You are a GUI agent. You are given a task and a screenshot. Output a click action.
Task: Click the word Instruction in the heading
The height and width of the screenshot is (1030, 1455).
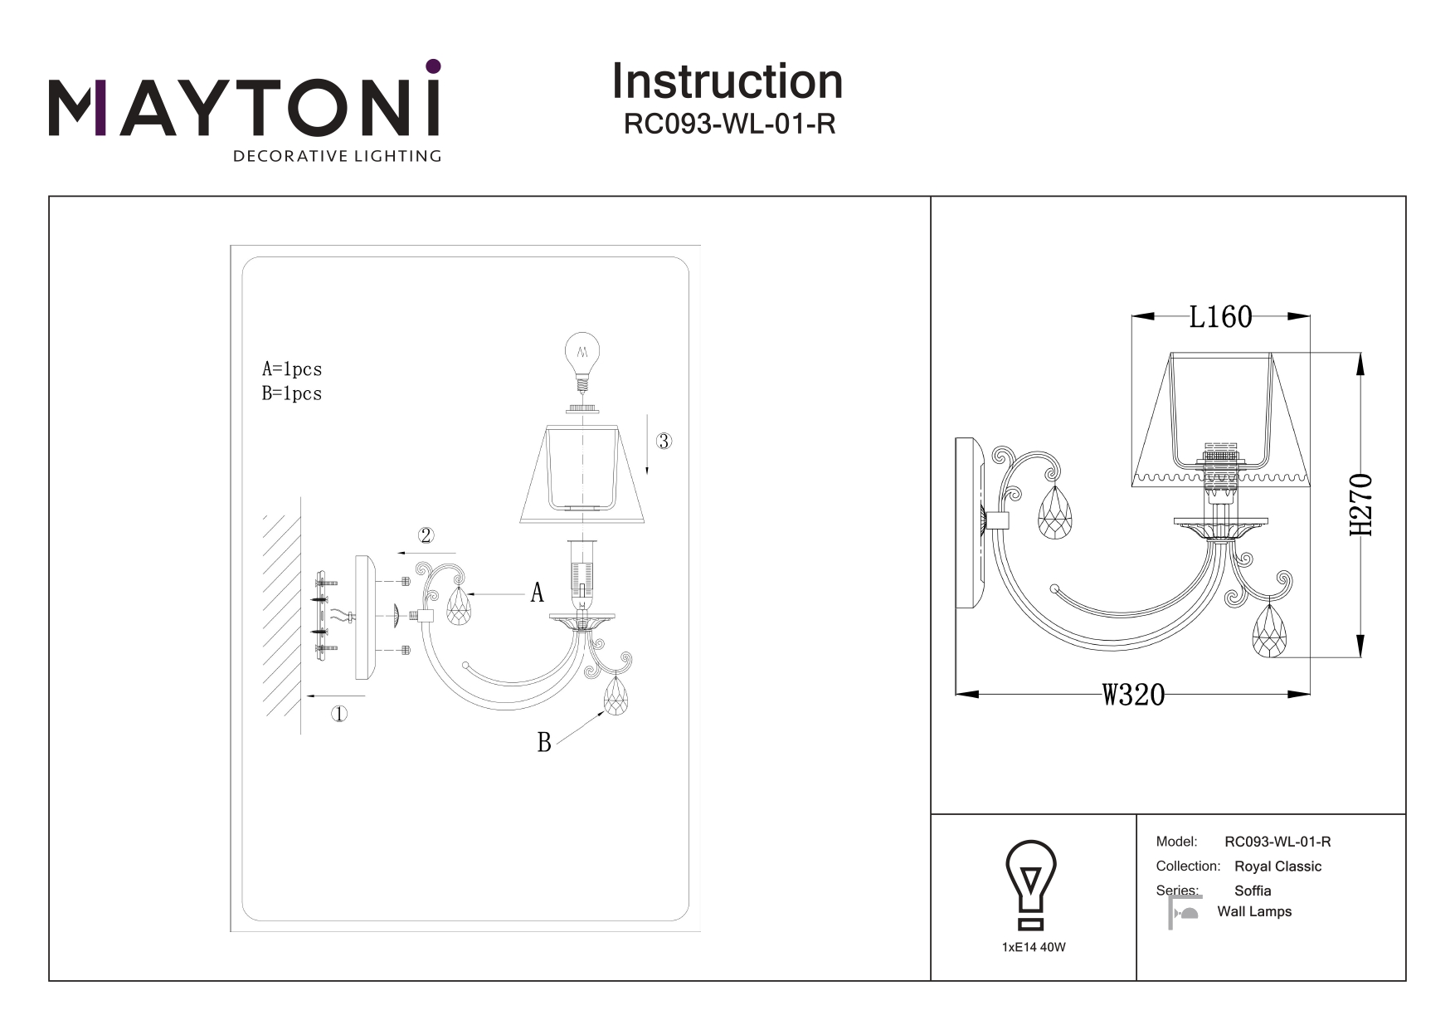pos(727,82)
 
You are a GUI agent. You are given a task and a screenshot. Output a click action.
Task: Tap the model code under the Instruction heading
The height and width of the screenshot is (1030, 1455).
pos(729,124)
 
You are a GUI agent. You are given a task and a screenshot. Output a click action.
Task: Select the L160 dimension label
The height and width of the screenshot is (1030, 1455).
pos(1220,316)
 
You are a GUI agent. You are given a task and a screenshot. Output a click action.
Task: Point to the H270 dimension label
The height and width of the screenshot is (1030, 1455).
pos(1360,505)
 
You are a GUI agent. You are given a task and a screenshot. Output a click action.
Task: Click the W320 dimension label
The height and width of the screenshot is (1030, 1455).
pos(1133,694)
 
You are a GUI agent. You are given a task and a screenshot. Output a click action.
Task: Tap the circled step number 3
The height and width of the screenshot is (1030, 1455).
pos(663,441)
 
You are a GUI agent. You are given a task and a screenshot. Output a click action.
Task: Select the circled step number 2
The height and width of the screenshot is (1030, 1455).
pos(426,535)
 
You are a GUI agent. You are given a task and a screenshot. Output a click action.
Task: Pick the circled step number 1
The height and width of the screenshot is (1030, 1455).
pos(338,714)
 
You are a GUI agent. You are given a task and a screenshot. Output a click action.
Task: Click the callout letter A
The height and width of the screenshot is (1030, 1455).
pos(538,593)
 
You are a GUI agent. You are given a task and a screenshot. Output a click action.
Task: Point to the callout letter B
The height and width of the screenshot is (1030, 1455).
pos(544,742)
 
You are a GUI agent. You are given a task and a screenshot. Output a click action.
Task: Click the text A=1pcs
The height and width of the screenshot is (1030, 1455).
pos(292,369)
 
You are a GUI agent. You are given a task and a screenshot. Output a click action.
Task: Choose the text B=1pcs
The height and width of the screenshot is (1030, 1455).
pos(292,393)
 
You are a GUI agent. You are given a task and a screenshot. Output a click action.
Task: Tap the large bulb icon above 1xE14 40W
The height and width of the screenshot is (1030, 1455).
pos(1030,884)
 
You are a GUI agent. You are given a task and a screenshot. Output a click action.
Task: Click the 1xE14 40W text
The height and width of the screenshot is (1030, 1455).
pos(1034,947)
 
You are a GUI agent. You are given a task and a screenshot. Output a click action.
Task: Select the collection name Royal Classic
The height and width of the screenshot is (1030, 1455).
pos(1277,866)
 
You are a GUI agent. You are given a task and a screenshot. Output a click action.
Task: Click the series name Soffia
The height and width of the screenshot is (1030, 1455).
pos(1253,891)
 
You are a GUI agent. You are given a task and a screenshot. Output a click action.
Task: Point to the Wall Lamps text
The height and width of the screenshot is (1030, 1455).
pos(1254,911)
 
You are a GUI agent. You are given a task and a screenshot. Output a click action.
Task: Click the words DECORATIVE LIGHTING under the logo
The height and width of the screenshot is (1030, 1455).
pos(337,156)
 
